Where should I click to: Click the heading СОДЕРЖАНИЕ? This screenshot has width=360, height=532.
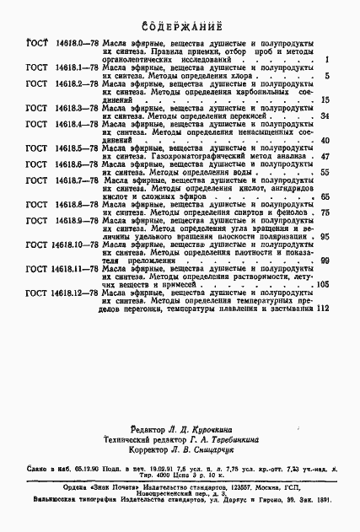tap(180, 25)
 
